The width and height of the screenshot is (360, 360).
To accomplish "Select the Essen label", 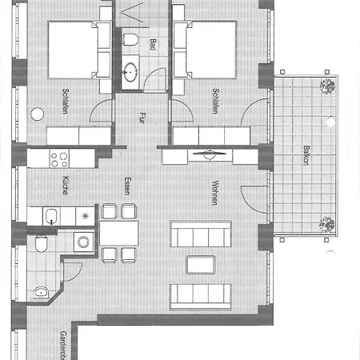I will coord(126,187).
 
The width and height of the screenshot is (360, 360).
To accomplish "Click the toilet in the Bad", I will coord(132,39).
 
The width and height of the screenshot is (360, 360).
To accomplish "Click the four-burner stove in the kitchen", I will coord(60,158).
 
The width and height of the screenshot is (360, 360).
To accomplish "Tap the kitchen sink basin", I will coord(50,214).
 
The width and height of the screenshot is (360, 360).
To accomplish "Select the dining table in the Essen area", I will coord(118,233).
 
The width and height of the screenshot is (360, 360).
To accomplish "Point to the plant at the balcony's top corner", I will coord(326,86).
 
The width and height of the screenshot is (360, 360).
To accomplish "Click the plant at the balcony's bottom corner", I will coord(326,224).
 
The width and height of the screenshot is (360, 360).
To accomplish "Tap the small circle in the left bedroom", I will coord(38,114).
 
